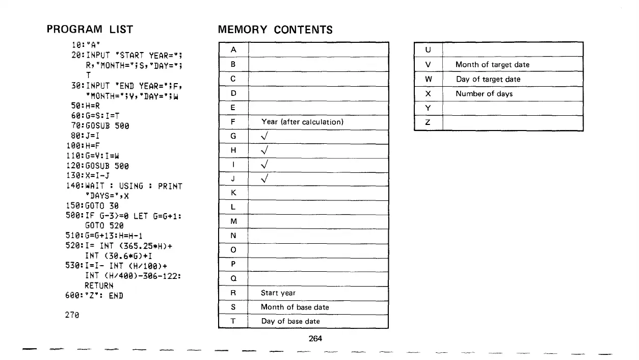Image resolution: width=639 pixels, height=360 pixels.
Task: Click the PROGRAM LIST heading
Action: (x=89, y=30)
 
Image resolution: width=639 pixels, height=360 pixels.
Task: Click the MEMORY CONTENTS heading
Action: (x=275, y=30)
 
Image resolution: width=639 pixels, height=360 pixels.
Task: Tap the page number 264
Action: (x=316, y=338)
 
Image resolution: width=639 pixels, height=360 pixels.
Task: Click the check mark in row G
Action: (x=264, y=137)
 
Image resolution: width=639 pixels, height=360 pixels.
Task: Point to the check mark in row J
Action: (x=264, y=179)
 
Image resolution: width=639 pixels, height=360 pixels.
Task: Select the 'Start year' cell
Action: (x=278, y=293)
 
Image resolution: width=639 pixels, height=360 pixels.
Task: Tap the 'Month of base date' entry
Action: (x=295, y=307)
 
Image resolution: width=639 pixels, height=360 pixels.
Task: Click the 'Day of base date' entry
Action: (x=290, y=321)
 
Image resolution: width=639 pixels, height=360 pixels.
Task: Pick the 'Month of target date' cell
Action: (x=492, y=65)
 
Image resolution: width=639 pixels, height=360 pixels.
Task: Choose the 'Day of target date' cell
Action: (x=488, y=79)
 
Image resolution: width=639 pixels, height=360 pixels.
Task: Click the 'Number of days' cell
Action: (x=484, y=94)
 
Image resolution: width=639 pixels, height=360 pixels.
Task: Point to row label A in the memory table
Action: (x=233, y=49)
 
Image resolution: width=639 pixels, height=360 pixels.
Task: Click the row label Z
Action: (x=428, y=123)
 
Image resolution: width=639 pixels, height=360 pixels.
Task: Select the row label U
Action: (x=428, y=50)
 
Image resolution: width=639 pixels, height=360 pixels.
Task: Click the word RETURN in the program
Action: (x=98, y=286)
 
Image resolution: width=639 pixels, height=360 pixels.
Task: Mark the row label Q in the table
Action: (x=233, y=279)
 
